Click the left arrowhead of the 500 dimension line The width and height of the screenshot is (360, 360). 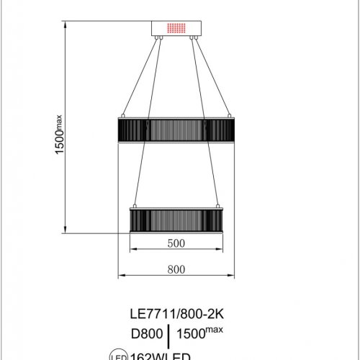click(x=131, y=251)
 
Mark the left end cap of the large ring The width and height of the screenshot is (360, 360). click(x=120, y=130)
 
